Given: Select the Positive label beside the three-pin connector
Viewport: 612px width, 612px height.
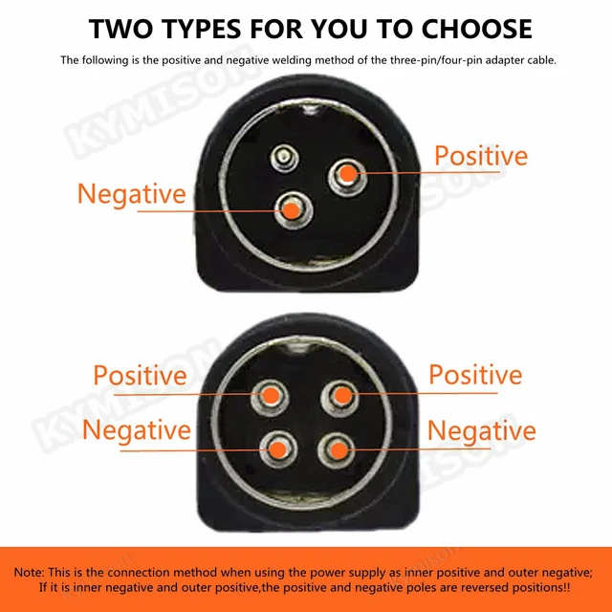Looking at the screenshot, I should click(481, 156).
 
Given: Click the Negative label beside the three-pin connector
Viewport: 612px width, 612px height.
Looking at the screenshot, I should click(131, 194).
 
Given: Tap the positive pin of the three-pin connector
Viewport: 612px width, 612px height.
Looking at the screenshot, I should click(347, 173).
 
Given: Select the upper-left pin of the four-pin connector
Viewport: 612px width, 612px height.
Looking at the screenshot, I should click(271, 395).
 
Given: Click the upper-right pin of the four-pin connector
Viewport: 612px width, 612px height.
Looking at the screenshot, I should click(339, 394).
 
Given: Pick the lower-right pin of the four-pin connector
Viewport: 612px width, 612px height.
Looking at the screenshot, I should click(335, 446).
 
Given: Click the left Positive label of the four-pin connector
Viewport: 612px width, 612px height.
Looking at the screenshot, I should click(140, 375).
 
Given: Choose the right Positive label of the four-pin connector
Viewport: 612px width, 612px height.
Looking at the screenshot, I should click(475, 374).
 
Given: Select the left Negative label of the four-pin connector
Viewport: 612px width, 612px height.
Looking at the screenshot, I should click(137, 429).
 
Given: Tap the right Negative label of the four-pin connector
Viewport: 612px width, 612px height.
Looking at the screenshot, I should click(481, 430).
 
